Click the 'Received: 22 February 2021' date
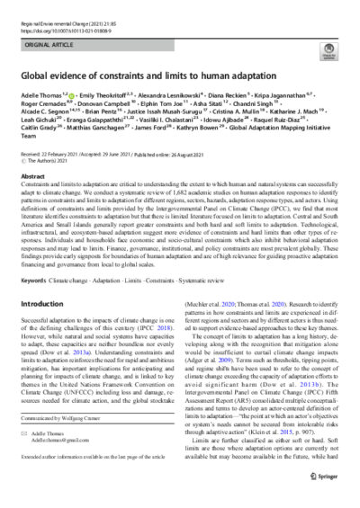(x=54, y=156)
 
